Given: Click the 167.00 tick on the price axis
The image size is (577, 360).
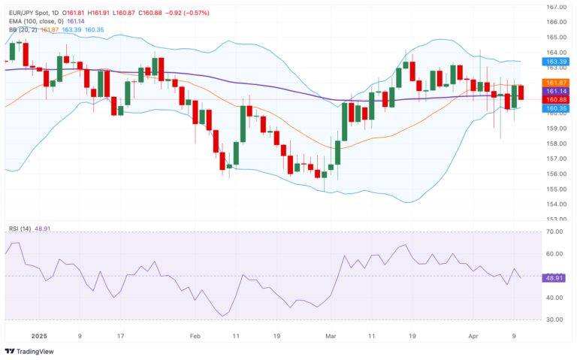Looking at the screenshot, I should point(557,7).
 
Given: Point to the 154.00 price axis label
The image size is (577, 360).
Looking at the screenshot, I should point(557,204).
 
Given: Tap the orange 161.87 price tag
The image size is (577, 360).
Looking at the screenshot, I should point(556,82).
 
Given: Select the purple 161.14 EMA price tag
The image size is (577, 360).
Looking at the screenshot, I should point(556,91).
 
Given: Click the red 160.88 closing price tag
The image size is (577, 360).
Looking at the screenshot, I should point(556,99).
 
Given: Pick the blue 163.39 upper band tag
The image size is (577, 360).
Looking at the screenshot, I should point(556,62).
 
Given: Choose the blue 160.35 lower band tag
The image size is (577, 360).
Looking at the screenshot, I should point(556,108).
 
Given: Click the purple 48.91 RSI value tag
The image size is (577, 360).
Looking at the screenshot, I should point(554,277).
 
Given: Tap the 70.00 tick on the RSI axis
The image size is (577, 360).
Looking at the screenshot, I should point(556,232).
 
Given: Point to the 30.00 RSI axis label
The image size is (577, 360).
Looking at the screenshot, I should point(556,319).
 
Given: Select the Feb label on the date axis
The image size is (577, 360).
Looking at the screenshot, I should point(195,336).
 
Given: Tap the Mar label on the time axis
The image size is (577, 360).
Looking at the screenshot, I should point(331,336).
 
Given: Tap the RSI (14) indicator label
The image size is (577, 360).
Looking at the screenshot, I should point(20,228).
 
